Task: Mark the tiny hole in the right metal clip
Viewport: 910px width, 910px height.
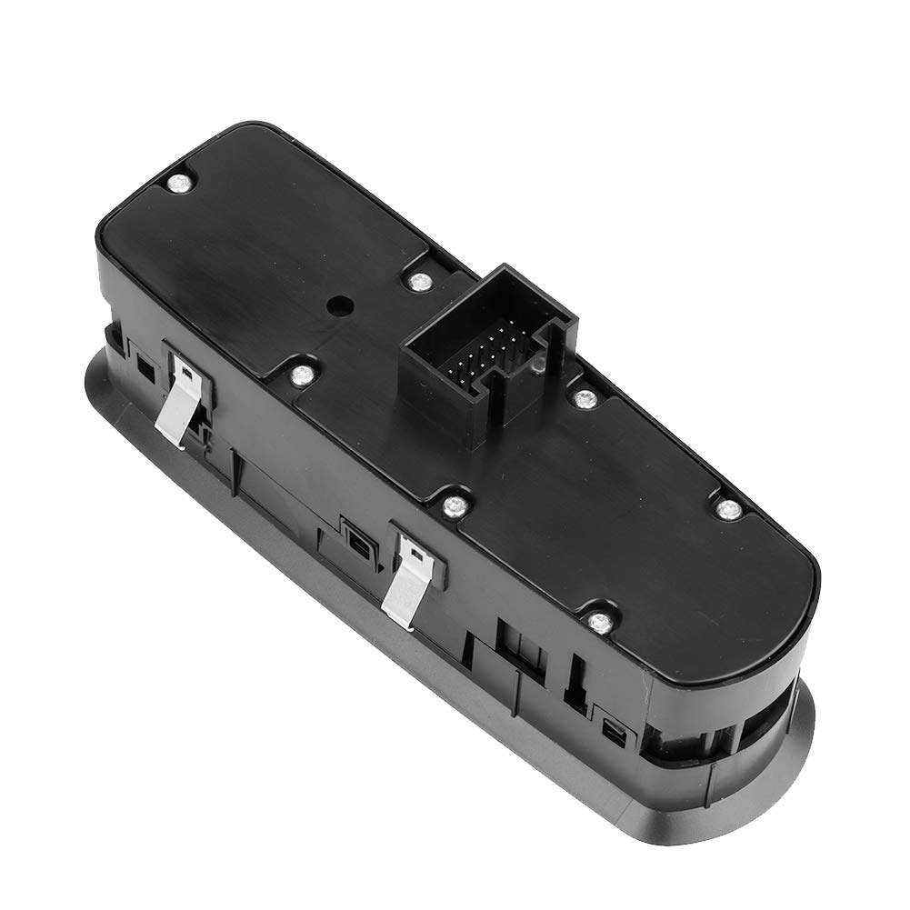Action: tap(414, 549)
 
